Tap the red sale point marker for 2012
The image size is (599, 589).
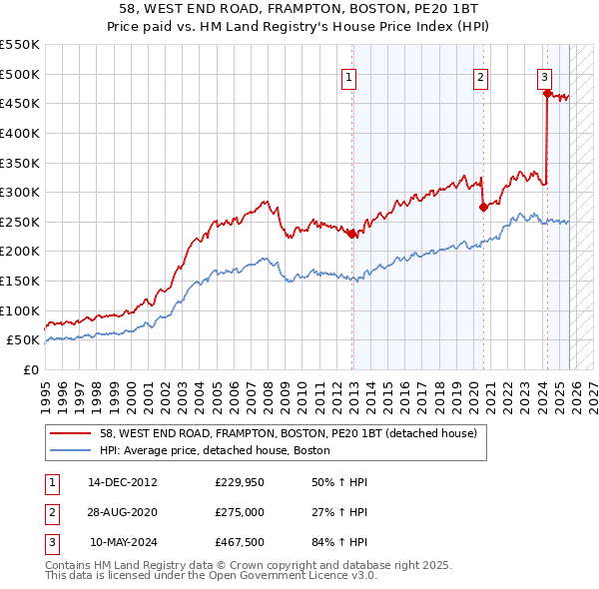(x=352, y=234)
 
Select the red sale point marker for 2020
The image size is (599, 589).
(x=483, y=207)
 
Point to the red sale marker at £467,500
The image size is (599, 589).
(x=547, y=94)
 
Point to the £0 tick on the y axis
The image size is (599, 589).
(x=30, y=369)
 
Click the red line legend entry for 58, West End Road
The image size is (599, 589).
(x=289, y=433)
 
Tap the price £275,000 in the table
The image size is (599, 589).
(x=239, y=512)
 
